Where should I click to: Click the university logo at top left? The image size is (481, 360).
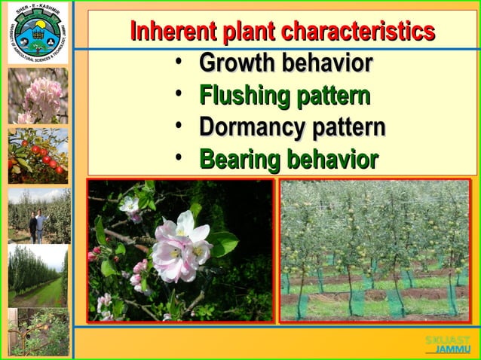(35, 32)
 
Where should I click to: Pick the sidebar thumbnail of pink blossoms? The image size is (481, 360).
(38, 96)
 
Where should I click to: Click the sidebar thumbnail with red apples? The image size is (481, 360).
(38, 155)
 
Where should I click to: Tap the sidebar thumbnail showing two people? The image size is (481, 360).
(38, 215)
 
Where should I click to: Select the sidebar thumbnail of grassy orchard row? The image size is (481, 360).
(38, 276)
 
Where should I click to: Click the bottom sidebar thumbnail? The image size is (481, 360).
(38, 331)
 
